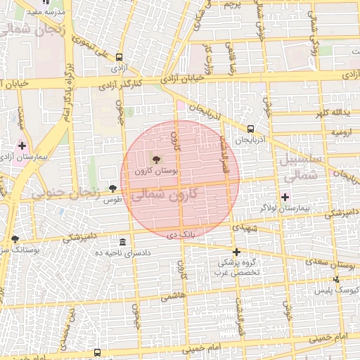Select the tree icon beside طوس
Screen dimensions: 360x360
(x=112, y=188)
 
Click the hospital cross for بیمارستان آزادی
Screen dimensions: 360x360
(x=22, y=145)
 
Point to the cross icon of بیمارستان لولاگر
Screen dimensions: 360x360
(x=285, y=197)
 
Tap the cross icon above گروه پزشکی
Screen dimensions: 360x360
(x=236, y=252)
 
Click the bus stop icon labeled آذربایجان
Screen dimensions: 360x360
(x=251, y=129)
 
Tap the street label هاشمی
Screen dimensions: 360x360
(x=172, y=297)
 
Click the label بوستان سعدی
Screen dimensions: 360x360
(x=329, y=262)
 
